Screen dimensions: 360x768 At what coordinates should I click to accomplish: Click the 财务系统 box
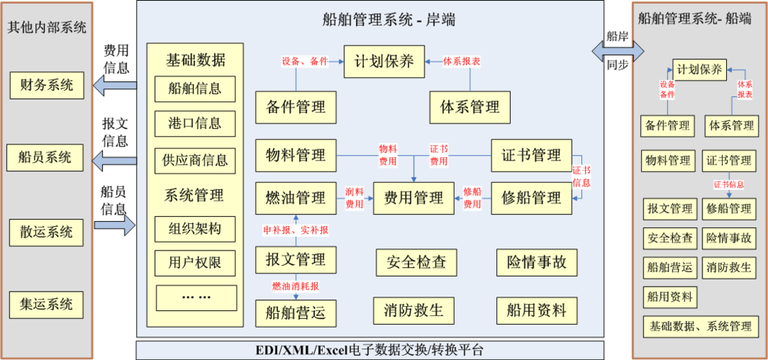(46, 85)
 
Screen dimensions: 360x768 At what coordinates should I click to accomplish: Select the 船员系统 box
(46, 157)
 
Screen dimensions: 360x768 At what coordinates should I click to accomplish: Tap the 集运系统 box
(46, 304)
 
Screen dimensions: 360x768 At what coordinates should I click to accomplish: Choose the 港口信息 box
(195, 123)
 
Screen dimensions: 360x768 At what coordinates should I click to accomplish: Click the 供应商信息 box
(195, 160)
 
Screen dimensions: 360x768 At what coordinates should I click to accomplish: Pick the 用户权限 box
(195, 262)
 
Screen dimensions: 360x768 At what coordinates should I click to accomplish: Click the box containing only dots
(196, 297)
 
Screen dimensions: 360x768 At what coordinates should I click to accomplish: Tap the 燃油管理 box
(295, 197)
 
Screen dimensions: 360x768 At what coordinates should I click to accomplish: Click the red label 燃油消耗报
(295, 287)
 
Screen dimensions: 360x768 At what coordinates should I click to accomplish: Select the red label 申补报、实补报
(295, 230)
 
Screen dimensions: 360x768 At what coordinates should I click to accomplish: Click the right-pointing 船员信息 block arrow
(115, 225)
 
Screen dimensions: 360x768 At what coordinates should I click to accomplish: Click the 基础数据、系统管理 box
(700, 327)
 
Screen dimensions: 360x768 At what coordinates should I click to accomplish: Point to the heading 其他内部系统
(47, 28)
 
